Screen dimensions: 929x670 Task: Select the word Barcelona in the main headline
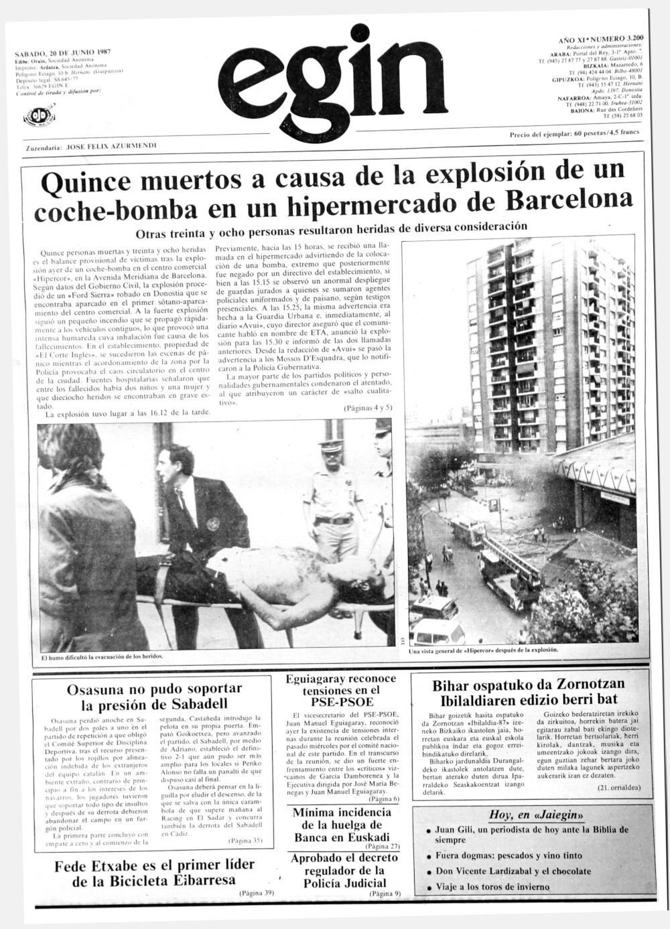pyautogui.click(x=569, y=200)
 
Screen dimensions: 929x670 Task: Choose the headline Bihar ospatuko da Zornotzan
pyautogui.click(x=528, y=693)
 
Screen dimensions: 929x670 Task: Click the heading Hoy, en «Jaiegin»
pyautogui.click(x=527, y=814)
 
